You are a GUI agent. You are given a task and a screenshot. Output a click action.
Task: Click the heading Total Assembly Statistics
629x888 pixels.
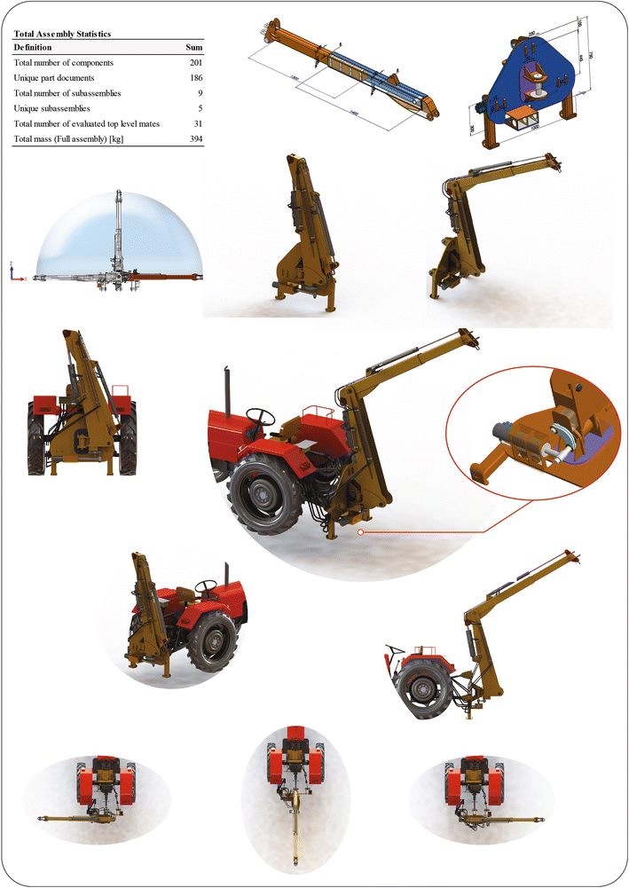pyautogui.click(x=61, y=34)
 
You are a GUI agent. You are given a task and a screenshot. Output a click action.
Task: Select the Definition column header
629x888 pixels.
pyautogui.click(x=33, y=47)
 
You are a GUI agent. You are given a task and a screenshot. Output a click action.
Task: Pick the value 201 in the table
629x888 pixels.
pyautogui.click(x=196, y=63)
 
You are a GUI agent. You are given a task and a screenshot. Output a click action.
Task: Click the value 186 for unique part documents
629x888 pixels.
pyautogui.click(x=196, y=78)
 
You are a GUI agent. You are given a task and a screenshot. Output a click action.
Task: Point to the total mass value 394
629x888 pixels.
pyautogui.click(x=196, y=139)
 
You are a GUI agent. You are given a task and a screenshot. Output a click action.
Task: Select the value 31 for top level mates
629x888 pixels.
pyautogui.click(x=199, y=123)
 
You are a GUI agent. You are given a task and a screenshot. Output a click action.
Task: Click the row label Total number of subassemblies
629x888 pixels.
pyautogui.click(x=68, y=93)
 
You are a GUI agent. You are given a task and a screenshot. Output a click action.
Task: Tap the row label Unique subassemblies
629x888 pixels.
pyautogui.click(x=52, y=108)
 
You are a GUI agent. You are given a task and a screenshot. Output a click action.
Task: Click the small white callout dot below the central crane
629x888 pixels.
pyautogui.click(x=359, y=533)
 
